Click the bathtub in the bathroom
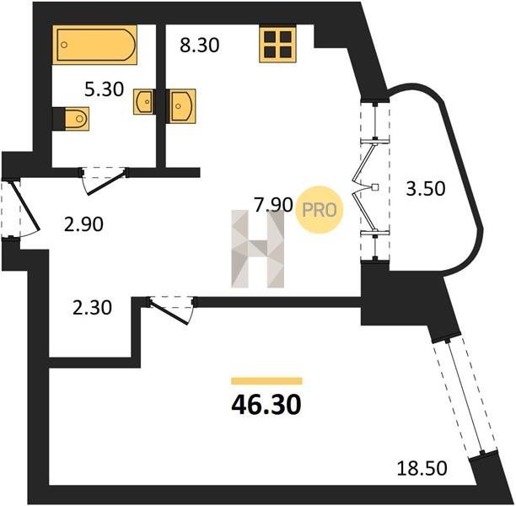[x=94, y=45]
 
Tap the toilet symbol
[x=77, y=119]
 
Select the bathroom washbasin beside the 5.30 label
[x=143, y=102]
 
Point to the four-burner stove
[x=277, y=45]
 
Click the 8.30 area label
[x=200, y=45]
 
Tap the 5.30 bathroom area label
[x=104, y=89]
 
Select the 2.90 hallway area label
[x=83, y=224]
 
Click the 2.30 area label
[x=92, y=308]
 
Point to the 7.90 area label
[x=273, y=204]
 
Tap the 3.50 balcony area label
[x=426, y=189]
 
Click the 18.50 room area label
[x=422, y=468]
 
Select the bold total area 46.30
[x=266, y=405]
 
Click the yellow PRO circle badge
[x=320, y=210]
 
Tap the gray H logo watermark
[x=258, y=249]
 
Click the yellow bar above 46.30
[x=266, y=381]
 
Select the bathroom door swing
[x=104, y=181]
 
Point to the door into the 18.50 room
[x=171, y=310]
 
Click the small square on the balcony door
[x=375, y=188]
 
